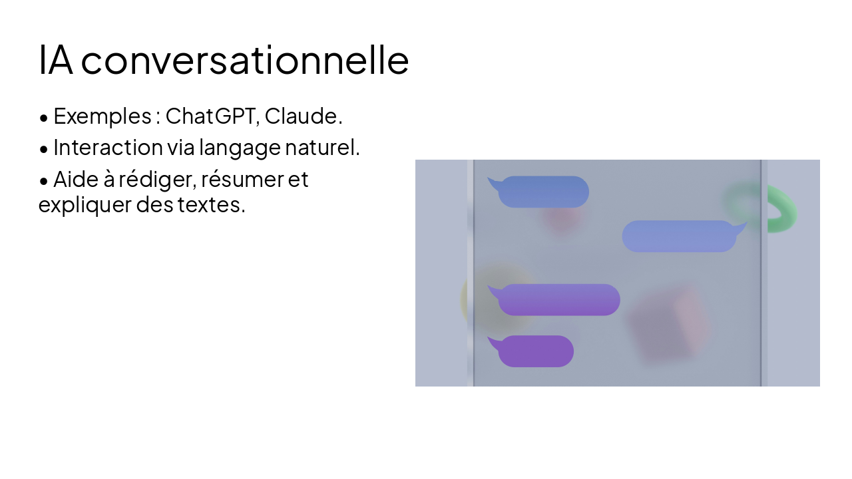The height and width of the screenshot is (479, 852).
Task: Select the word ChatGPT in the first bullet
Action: [212, 116]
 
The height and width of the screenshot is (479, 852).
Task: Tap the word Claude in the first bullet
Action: [302, 116]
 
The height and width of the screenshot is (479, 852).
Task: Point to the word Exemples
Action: [102, 116]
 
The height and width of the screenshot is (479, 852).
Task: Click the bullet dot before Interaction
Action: [44, 148]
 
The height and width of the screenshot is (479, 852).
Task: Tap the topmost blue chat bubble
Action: [542, 192]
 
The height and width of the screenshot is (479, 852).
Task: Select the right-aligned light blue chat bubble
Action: [679, 236]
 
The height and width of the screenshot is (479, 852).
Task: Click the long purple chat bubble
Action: [558, 300]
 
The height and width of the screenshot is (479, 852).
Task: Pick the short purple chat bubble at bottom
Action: [535, 351]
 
